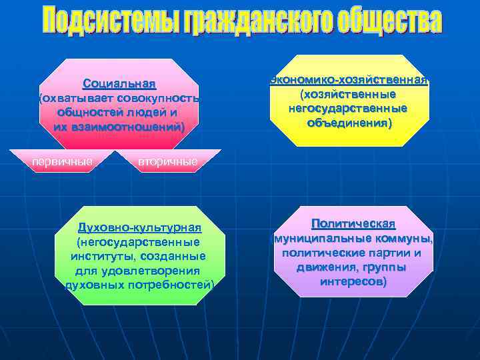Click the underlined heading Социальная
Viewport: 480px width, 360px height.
119,85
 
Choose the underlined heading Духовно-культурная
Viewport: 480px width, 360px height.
139,227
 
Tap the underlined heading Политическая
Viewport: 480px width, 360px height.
353,224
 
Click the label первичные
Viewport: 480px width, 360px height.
63,161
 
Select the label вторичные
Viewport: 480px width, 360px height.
167,162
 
